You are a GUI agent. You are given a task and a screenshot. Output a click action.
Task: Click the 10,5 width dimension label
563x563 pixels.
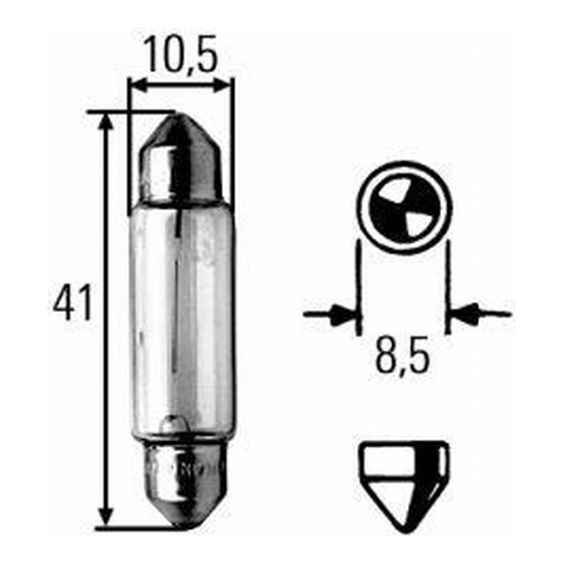pyautogui.click(x=182, y=57)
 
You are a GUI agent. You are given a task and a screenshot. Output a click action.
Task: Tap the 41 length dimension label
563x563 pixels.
pyautogui.click(x=72, y=304)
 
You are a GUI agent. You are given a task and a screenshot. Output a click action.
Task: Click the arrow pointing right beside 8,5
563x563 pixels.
pyautogui.click(x=337, y=315)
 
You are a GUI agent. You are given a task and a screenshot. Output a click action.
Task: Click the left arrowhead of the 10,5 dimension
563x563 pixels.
pyautogui.click(x=136, y=85)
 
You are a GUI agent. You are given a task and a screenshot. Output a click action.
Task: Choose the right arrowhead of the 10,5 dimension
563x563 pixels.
pyautogui.click(x=226, y=85)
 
